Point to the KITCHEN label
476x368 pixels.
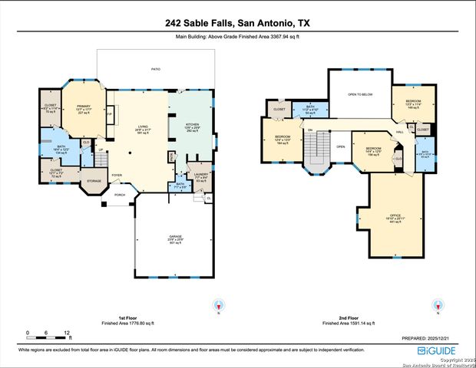[x=192, y=123]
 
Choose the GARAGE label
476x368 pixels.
[x=176, y=236]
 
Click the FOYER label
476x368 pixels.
[x=117, y=175]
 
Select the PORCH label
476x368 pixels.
[x=120, y=195]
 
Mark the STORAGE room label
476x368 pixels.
[x=94, y=181]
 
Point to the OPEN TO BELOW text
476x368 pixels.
[x=359, y=94]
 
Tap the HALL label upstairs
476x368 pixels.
[x=399, y=132]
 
